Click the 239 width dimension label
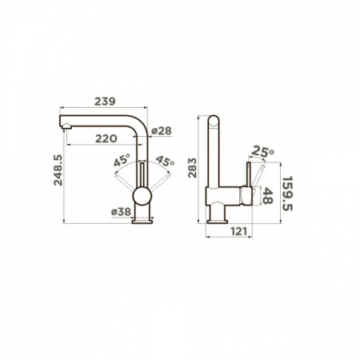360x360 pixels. tap(105, 102)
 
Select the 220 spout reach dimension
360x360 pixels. tap(106, 138)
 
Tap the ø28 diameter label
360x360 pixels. tap(162, 131)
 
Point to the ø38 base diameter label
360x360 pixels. tap(121, 212)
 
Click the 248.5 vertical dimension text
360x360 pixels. tap(58, 170)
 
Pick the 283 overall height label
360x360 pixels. tap(192, 168)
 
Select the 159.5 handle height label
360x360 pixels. tap(287, 193)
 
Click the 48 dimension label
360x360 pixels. tap(267, 195)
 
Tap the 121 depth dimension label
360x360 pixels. tap(238, 231)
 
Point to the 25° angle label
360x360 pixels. tap(262, 151)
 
